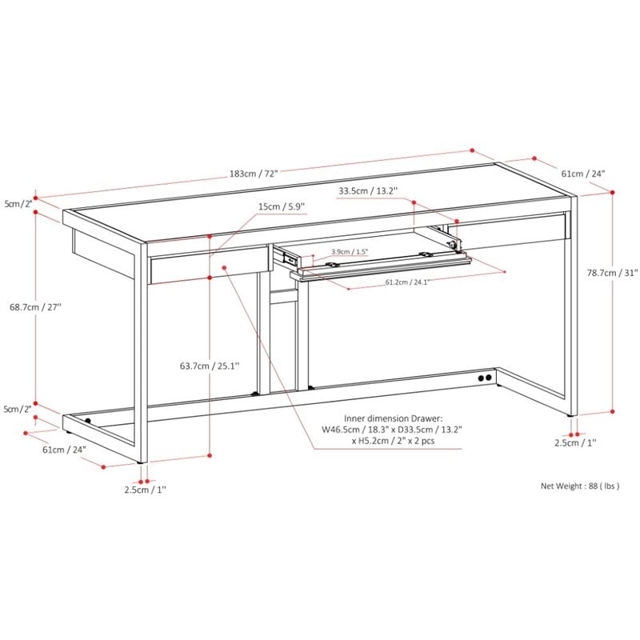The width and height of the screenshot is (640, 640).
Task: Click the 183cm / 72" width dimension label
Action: pos(254,174)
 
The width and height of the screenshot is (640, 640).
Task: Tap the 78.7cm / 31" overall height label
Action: pos(612,273)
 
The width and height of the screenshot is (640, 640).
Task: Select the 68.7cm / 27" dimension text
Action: pos(35,306)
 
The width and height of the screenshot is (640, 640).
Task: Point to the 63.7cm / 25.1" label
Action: pos(210,366)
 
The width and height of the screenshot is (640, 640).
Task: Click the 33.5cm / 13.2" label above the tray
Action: pos(368,190)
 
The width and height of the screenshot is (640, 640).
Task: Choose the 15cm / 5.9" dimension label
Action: pos(282,206)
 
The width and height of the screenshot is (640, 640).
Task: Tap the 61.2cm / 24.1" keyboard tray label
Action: pos(407,282)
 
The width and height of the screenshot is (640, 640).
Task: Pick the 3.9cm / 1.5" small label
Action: pos(350,251)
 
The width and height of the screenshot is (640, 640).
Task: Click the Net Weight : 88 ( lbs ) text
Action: pos(580,486)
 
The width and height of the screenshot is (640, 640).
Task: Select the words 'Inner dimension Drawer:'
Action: pos(393,418)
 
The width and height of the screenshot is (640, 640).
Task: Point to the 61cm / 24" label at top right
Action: pos(583,174)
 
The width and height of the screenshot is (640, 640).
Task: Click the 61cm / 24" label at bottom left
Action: pos(65,450)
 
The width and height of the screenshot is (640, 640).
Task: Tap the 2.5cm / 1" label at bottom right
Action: pos(575,442)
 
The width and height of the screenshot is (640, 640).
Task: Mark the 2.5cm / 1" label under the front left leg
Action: pos(146,490)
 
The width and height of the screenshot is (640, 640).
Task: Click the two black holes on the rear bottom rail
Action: pos(485,378)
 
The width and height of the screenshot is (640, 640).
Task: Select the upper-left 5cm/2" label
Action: pos(18,204)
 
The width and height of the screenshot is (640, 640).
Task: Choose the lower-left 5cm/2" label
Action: pos(18,409)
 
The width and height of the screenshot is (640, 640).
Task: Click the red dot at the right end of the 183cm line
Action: pos(472,150)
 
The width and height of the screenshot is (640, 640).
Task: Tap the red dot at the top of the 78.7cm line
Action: pos(612,193)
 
